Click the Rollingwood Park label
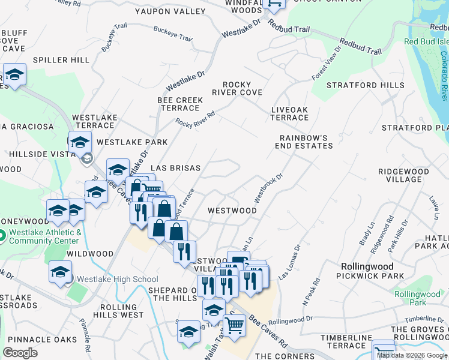417,298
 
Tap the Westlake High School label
112,280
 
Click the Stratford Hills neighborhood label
366,85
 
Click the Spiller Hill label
61,60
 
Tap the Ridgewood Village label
403,176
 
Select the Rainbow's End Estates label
304,142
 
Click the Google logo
20,353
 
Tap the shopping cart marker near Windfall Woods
274,5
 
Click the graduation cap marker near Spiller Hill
15,76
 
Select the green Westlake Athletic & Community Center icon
1,236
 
